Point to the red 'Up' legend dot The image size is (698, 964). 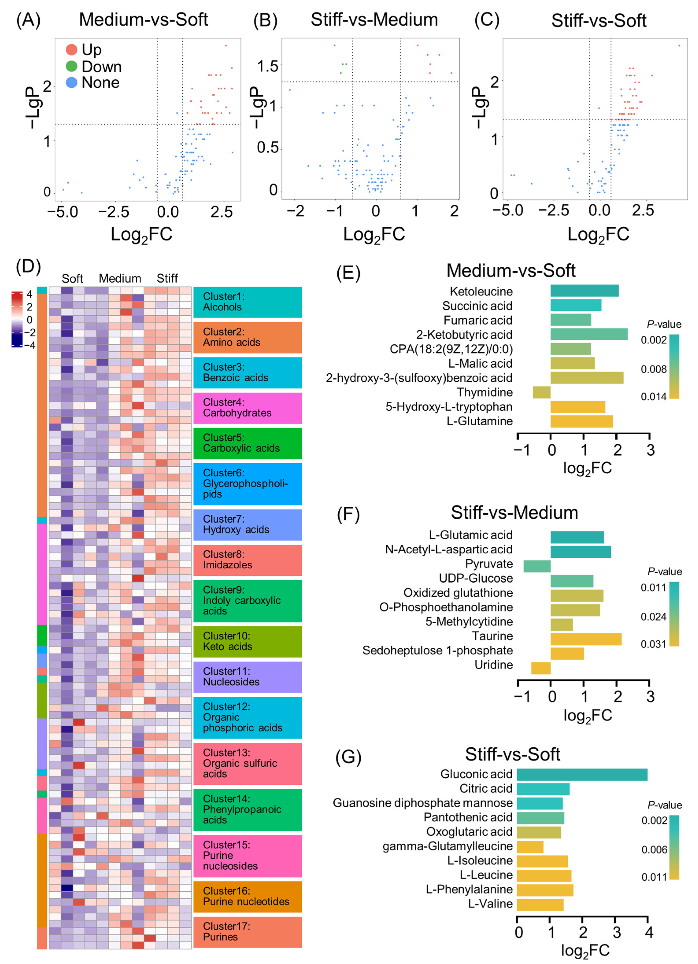[x=72, y=50]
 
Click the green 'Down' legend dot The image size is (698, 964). [x=72, y=66]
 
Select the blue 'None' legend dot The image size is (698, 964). [x=72, y=83]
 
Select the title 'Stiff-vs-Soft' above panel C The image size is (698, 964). [x=599, y=20]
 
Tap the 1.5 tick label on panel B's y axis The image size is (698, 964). [x=268, y=66]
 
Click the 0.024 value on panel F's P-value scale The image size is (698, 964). [x=653, y=617]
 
